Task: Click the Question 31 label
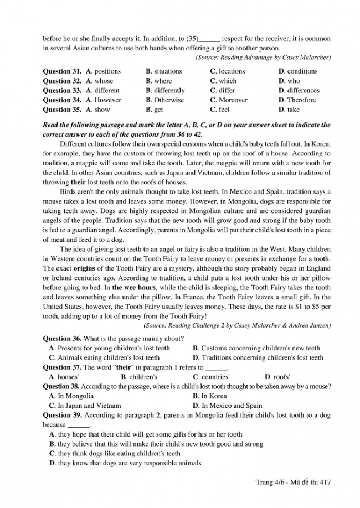coord(62,71)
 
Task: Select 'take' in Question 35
coord(293,110)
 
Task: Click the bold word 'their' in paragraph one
coord(78,183)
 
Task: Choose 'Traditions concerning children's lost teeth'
coord(262,357)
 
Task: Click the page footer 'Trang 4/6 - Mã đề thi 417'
coord(293,483)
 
